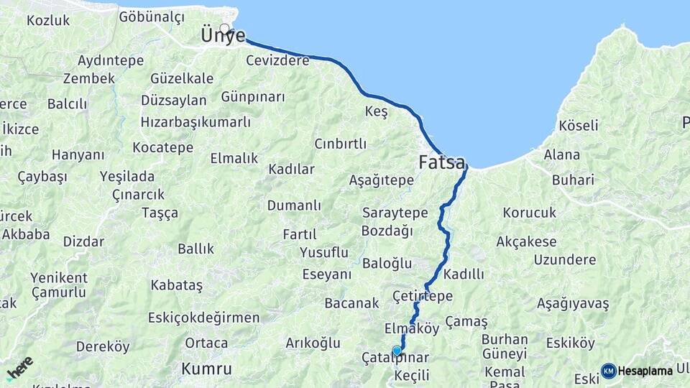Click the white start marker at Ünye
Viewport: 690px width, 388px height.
point(225,29)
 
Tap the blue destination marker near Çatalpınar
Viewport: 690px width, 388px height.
point(397,351)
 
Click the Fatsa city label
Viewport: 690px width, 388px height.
point(442,162)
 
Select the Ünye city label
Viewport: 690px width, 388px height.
point(224,36)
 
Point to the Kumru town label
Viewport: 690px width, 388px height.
point(206,369)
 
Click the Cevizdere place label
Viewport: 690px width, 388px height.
point(277,60)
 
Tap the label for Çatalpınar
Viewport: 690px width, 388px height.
point(395,359)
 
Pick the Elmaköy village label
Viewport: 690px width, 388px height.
point(412,328)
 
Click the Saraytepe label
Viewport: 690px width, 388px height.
point(395,213)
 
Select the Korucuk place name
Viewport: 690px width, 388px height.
point(530,213)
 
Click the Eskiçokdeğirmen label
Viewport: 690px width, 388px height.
point(203,318)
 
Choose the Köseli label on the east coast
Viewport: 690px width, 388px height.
point(579,125)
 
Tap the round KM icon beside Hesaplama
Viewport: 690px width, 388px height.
point(608,371)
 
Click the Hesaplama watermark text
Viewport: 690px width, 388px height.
point(645,371)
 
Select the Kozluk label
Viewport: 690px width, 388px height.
point(48,20)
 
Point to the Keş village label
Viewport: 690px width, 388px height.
point(376,111)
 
